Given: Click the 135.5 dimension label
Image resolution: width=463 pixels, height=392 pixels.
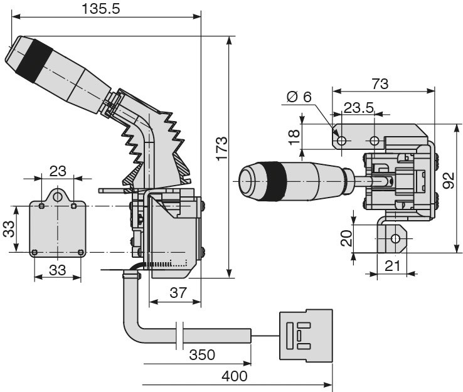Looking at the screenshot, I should tap(100, 9).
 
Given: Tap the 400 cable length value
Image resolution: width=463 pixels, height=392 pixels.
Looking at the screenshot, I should tap(235, 376).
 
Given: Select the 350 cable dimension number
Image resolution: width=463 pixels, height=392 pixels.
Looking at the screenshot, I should tap(201, 354).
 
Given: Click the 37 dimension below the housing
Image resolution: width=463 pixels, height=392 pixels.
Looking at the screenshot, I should tap(179, 292).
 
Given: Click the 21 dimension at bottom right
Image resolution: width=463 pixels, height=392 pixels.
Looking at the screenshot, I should tap(392, 266).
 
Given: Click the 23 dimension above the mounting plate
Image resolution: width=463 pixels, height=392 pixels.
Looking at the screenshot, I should tap(58, 171).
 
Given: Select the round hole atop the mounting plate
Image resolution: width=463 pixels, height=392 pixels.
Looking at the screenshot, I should tap(58, 197).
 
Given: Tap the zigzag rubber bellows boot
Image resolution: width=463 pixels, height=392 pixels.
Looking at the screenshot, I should tap(157, 147).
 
